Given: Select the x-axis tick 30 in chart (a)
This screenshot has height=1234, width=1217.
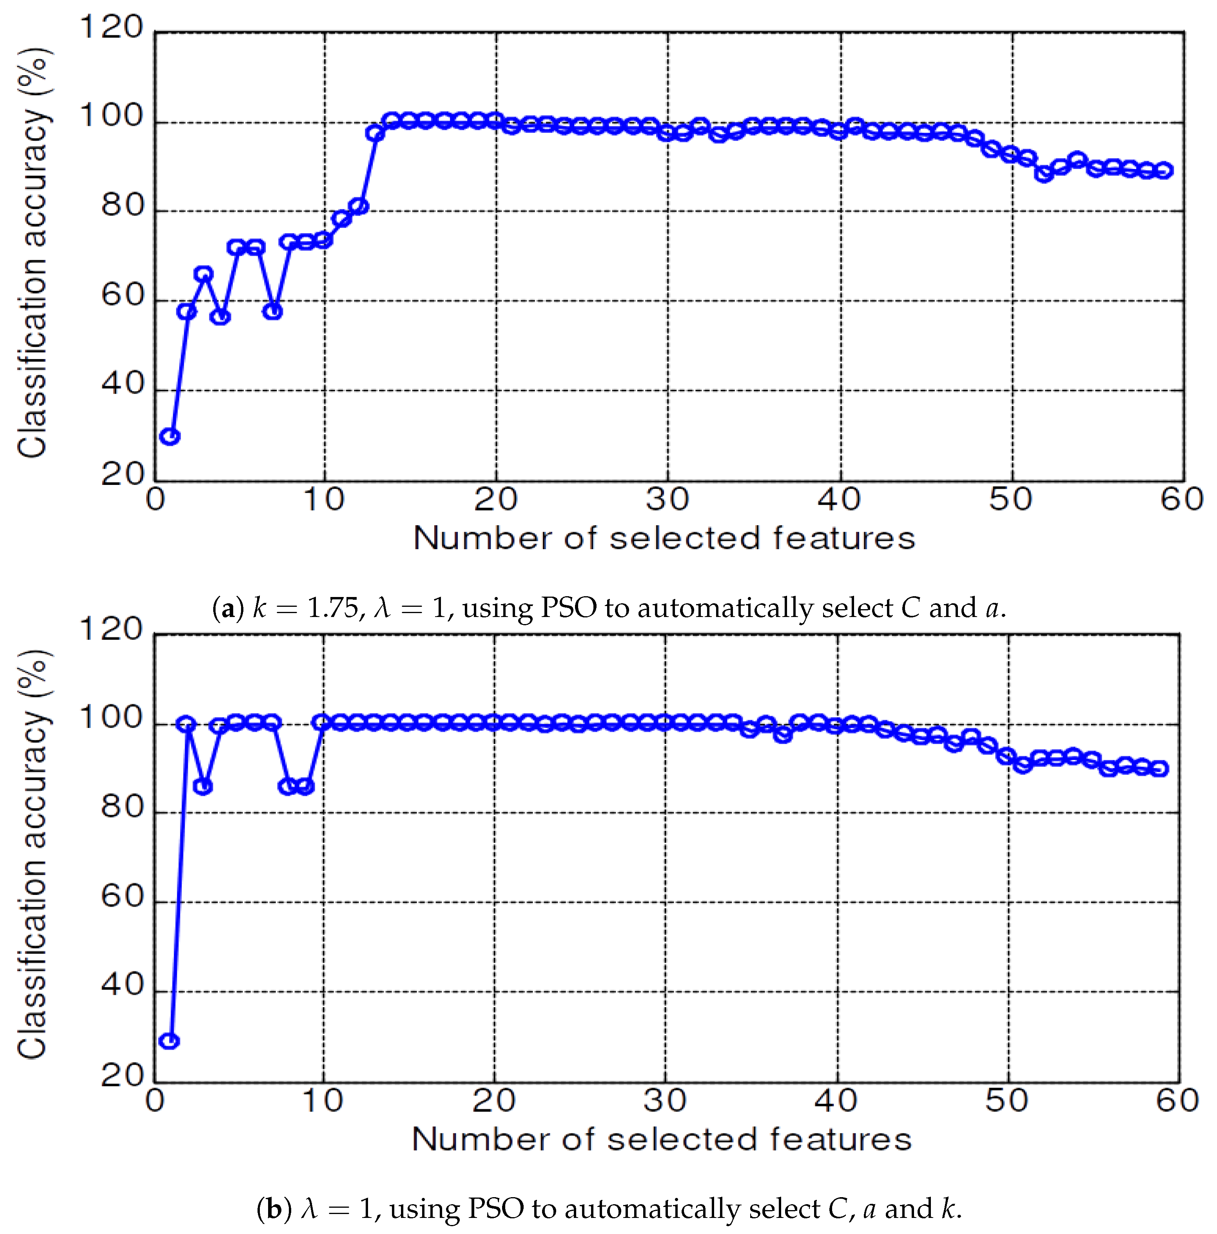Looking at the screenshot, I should (667, 499).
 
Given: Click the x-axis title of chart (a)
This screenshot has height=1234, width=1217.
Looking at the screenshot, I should (664, 538).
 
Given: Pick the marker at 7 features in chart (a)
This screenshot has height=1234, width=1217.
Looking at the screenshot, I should (273, 312).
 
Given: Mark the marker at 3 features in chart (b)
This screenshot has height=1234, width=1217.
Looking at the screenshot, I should (203, 787).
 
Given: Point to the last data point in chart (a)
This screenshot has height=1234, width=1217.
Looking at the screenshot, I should (1164, 171).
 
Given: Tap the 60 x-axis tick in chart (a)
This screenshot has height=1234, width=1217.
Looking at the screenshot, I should (1182, 499).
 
